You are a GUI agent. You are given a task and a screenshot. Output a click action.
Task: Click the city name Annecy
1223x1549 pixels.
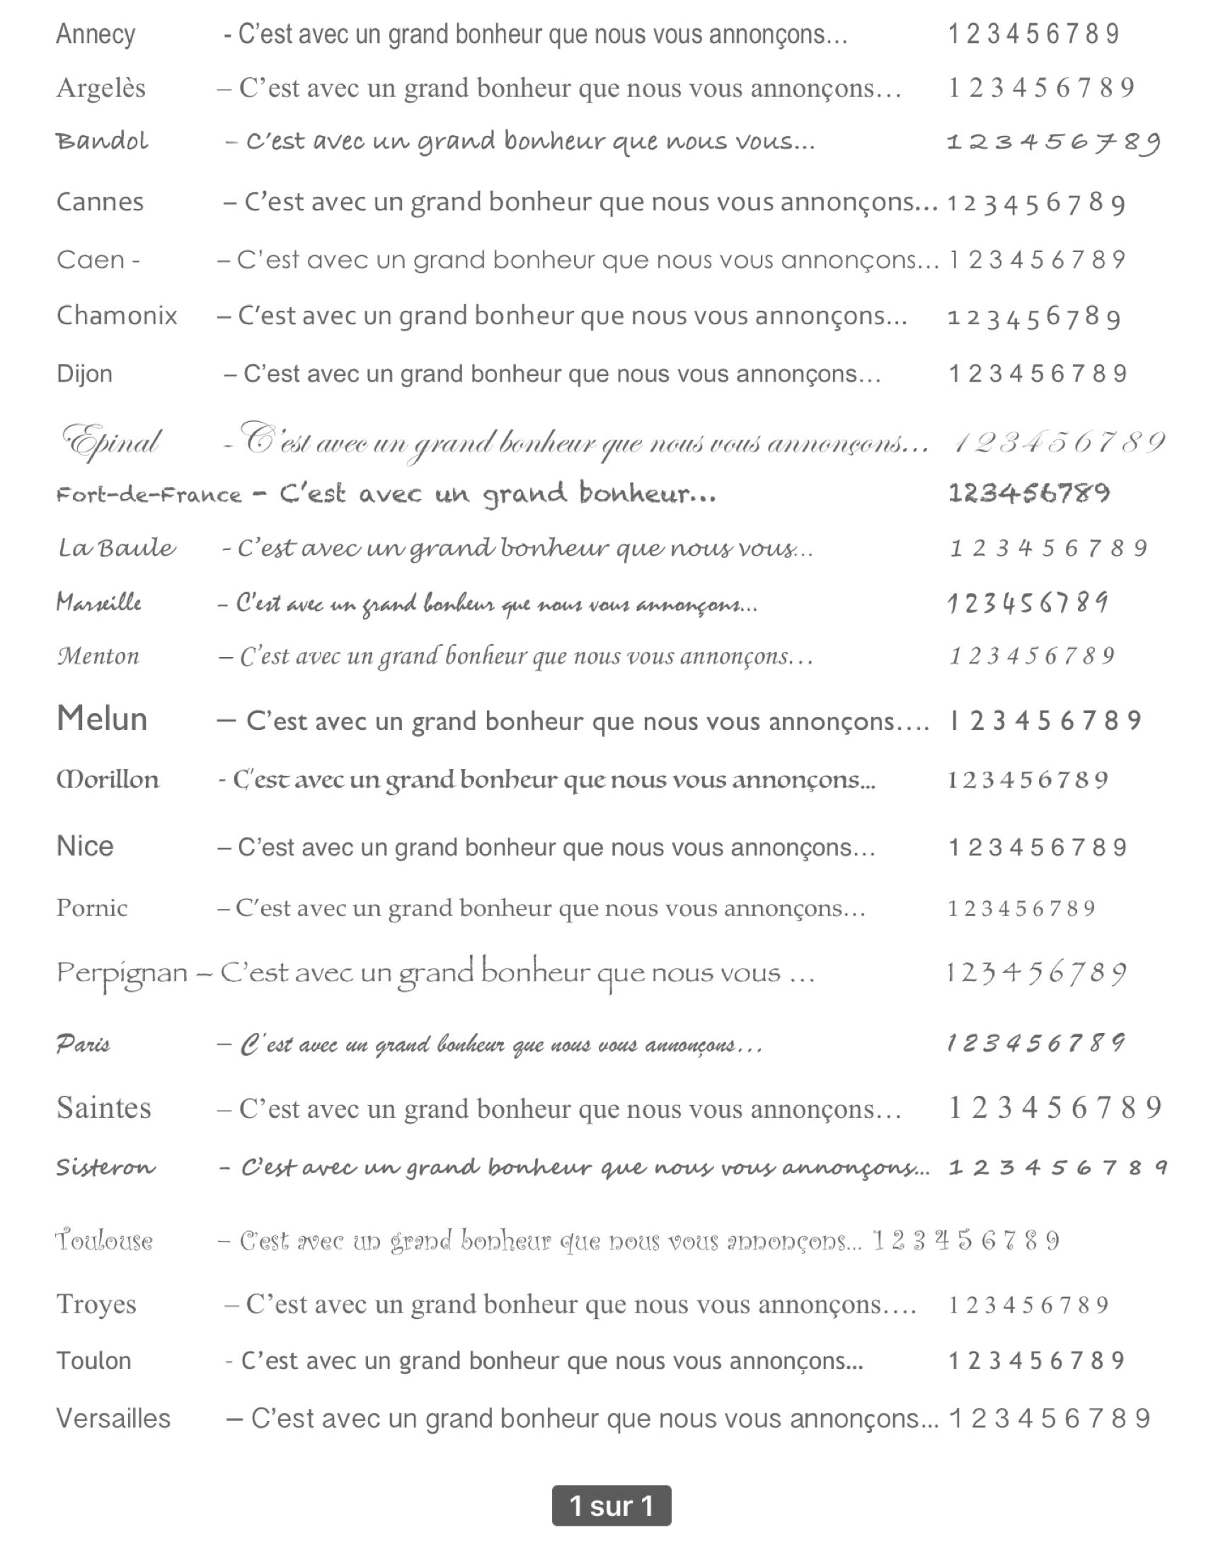[x=96, y=35]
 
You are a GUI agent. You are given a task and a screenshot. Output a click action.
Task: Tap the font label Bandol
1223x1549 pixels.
[x=102, y=141]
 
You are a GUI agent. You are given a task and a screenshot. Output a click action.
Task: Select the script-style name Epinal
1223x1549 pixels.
[x=111, y=442]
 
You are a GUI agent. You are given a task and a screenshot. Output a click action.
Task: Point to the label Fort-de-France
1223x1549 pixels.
[x=149, y=495]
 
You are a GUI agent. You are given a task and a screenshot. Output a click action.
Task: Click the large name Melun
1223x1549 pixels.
[x=102, y=719]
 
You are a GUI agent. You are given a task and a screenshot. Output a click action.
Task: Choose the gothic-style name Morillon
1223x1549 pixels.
[x=108, y=779]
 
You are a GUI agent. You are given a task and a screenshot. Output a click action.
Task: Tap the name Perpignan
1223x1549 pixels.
[x=122, y=973]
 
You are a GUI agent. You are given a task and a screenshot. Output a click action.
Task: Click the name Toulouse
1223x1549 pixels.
[x=105, y=1240]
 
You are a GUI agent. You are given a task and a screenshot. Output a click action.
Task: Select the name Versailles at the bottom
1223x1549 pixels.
[x=113, y=1418]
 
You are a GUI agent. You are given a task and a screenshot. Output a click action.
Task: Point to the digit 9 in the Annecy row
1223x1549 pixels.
[x=1112, y=34]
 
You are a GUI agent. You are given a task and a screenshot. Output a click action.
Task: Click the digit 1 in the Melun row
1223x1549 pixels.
[x=954, y=721]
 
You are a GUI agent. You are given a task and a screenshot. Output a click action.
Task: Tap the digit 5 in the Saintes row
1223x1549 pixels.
[x=1054, y=1108]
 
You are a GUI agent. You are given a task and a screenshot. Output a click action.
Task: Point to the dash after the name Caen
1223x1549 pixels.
[x=134, y=260]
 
